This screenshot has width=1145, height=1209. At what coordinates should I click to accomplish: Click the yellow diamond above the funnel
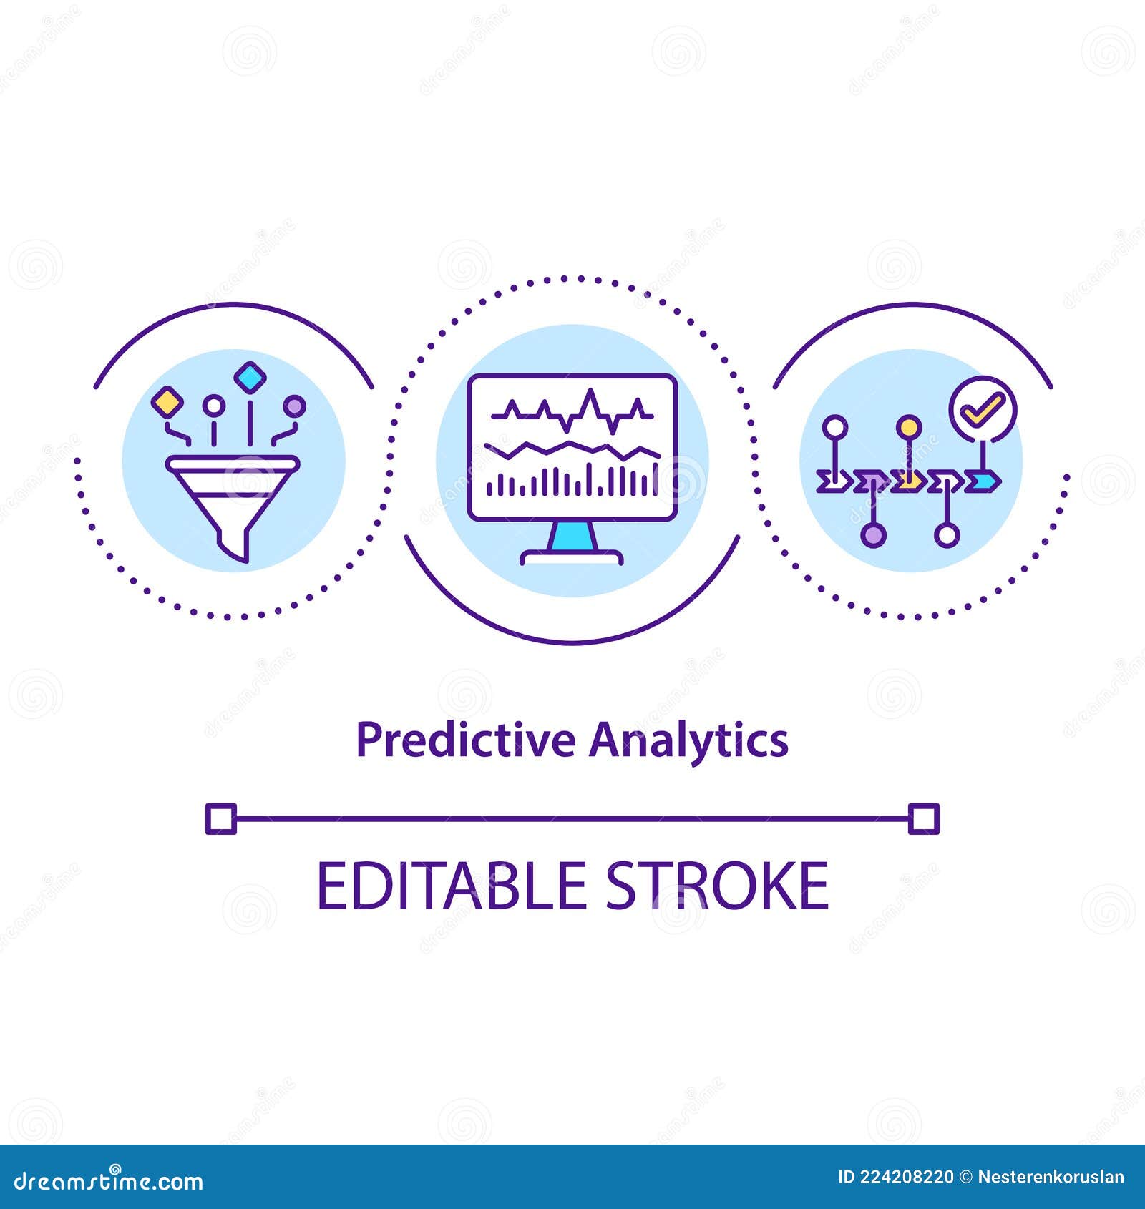pos(167,401)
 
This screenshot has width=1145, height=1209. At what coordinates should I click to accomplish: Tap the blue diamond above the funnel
pos(250,377)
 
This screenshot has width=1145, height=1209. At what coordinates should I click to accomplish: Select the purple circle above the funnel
pos(293,406)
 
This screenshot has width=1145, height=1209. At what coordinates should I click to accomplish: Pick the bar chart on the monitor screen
pos(572,478)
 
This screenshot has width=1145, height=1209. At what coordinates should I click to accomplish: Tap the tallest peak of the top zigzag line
pos(590,392)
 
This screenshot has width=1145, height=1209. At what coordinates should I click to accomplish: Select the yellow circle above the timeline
pos(908,428)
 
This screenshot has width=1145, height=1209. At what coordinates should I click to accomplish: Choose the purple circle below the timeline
pos(872,534)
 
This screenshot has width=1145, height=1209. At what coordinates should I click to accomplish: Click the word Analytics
pos(688,741)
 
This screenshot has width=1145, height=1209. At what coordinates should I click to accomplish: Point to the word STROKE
pos(717,886)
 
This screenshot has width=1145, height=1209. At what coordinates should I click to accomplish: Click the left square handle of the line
pos(220,819)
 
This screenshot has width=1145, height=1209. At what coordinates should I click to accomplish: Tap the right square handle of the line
pos(923,819)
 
